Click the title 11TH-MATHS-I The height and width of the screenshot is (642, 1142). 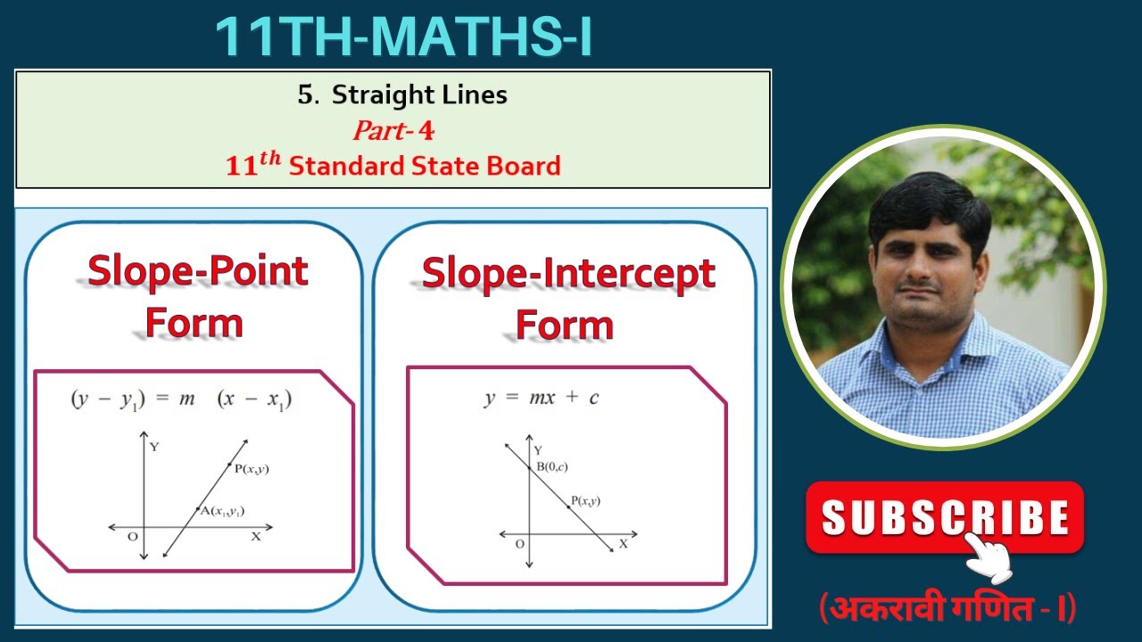(x=403, y=37)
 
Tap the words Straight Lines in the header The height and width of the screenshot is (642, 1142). (x=419, y=95)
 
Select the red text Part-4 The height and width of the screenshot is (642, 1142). (x=393, y=131)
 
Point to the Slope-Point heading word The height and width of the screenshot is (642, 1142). (x=197, y=271)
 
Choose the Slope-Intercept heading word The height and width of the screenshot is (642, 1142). (x=568, y=273)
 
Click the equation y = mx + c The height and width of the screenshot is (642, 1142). (x=542, y=398)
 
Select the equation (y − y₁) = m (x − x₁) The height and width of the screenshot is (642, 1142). (x=181, y=399)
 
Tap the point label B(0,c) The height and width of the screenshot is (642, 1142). (x=551, y=466)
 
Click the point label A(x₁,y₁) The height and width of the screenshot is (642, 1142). (x=222, y=511)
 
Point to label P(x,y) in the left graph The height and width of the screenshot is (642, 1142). (x=251, y=468)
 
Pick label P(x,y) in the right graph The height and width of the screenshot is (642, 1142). (x=585, y=501)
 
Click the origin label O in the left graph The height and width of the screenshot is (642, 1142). (x=132, y=536)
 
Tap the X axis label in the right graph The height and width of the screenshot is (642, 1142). (x=623, y=543)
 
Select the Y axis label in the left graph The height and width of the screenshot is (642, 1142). (x=154, y=447)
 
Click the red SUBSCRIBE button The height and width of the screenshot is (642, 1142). (x=944, y=517)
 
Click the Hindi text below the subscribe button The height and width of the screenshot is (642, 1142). (x=948, y=608)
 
